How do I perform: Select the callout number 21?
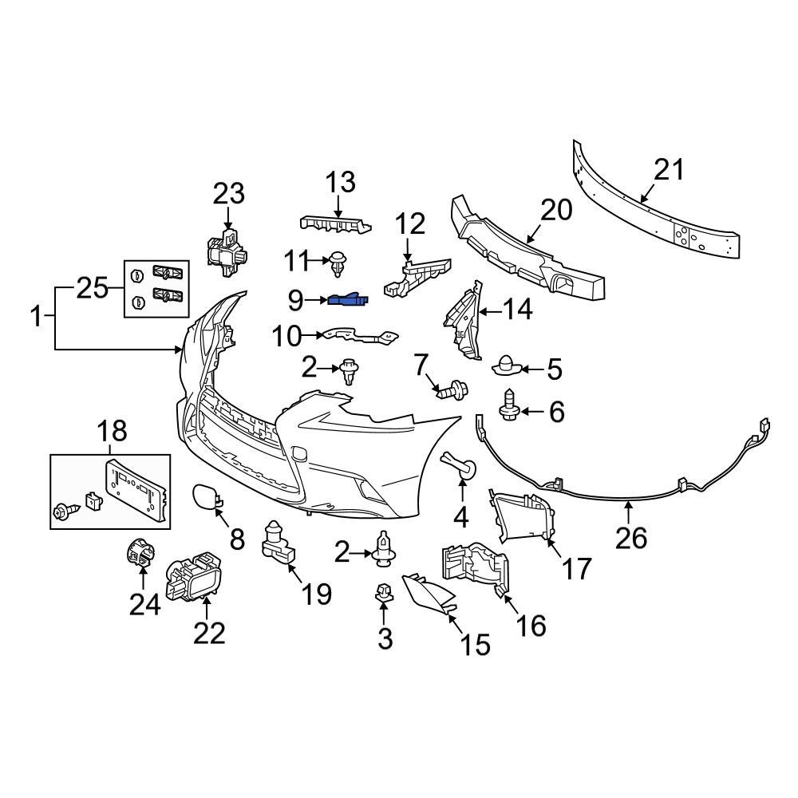click(669, 170)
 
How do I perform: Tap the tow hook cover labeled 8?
click(203, 498)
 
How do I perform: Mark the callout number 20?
click(555, 211)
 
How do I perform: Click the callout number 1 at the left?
click(36, 318)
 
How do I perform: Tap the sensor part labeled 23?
click(227, 251)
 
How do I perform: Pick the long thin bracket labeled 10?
click(359, 338)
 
